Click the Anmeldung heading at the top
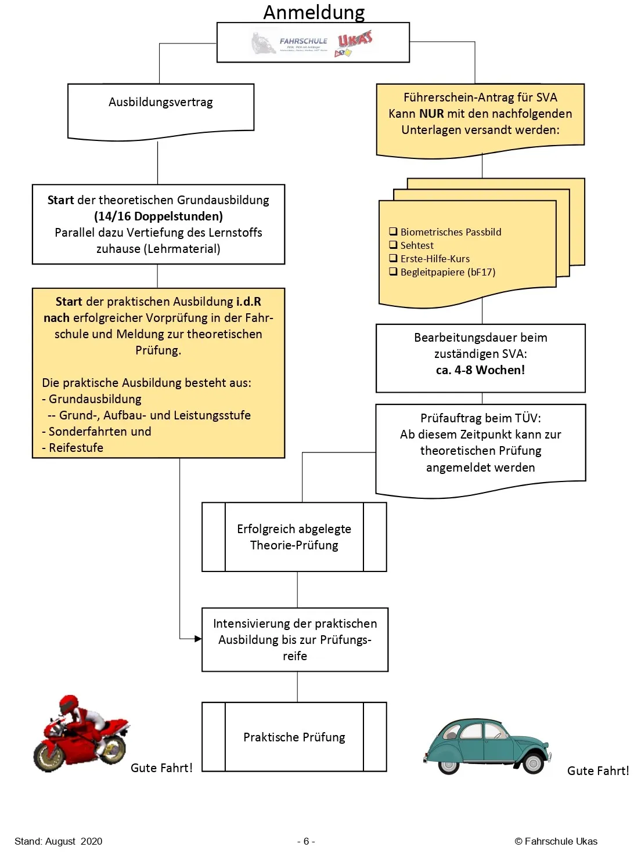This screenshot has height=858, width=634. coord(314,12)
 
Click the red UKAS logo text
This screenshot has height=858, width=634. coord(355,39)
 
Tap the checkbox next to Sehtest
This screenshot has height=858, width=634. coord(393,245)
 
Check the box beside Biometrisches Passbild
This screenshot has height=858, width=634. coord(393,231)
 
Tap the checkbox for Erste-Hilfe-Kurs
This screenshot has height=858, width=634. coord(393,258)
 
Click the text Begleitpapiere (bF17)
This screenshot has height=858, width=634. coord(448,272)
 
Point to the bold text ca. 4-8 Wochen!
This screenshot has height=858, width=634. coord(480,370)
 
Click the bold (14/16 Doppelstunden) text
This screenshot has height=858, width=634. coord(158,216)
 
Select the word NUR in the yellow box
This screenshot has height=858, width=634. coord(431,114)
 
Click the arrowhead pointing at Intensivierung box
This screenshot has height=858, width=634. coord(198,639)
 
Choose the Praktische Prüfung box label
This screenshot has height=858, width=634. coord(294,737)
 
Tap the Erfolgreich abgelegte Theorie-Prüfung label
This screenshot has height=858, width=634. coord(294,537)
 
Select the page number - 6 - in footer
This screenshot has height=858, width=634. coord(306,841)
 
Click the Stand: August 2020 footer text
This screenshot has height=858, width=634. coord(58,841)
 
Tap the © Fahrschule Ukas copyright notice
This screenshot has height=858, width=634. coord(556,841)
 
